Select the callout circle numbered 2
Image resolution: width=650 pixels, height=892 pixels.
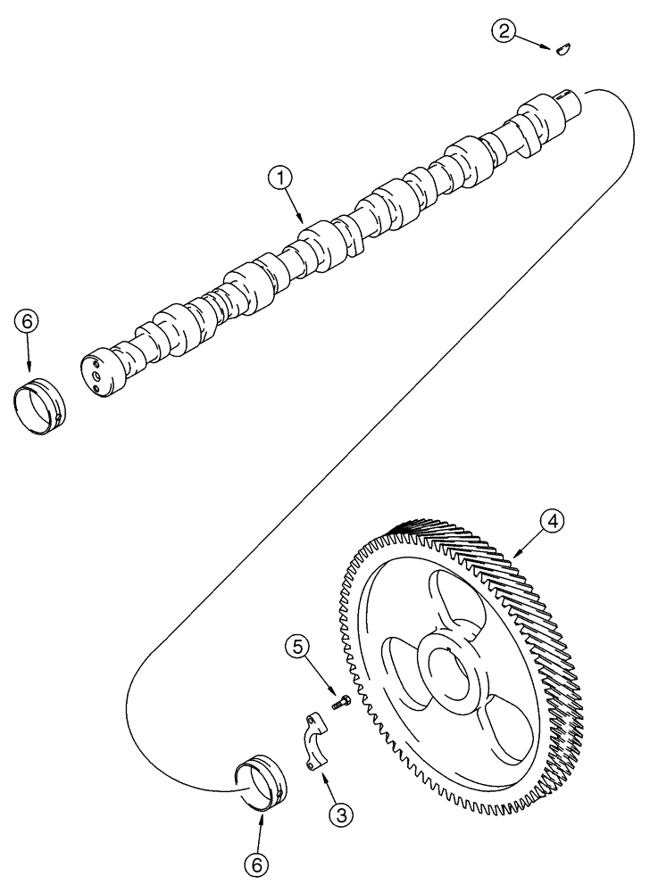[504, 32]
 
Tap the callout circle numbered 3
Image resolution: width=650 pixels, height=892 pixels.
[338, 814]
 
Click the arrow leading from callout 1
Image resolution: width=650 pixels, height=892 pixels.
[296, 208]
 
